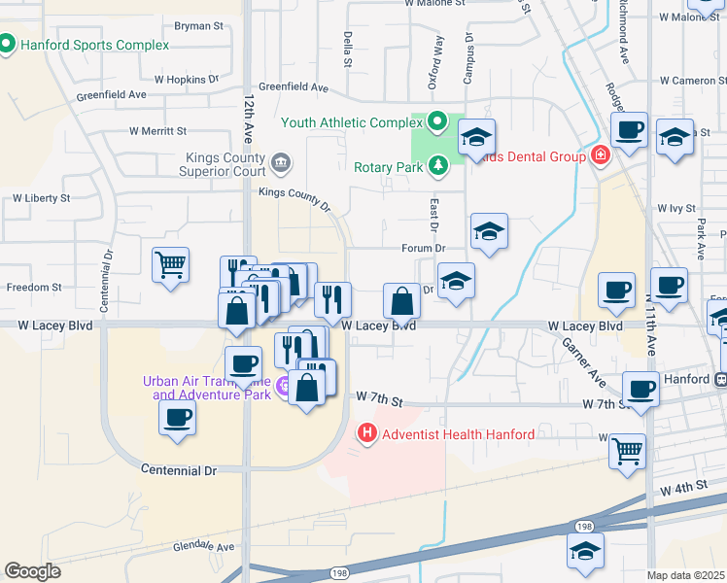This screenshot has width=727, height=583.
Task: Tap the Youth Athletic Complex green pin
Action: click(436, 122)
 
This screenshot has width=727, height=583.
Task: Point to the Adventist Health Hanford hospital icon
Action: click(367, 433)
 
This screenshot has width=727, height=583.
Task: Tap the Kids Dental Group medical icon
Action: click(600, 155)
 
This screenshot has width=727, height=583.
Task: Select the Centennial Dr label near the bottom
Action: click(179, 470)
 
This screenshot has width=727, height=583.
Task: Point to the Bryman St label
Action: click(199, 25)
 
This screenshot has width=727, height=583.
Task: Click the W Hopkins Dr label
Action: click(187, 79)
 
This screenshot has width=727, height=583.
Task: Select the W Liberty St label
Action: click(41, 198)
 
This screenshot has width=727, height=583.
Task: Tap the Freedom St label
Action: click(34, 288)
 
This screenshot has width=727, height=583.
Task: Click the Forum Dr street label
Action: click(424, 248)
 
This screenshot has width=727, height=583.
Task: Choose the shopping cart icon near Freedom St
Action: click(170, 262)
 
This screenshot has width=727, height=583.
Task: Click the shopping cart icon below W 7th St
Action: click(628, 450)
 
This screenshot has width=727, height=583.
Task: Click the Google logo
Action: click(33, 570)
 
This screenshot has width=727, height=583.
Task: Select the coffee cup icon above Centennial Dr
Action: click(177, 418)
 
